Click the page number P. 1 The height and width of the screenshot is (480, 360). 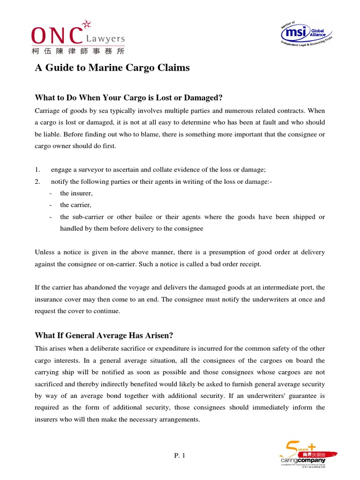180,456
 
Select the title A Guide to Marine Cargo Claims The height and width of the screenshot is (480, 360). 112,68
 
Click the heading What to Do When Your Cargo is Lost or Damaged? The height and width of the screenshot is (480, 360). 128,97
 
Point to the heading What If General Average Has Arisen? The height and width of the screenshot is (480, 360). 104,336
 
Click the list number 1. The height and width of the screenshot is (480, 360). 37,169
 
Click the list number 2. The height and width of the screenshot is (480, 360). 37,181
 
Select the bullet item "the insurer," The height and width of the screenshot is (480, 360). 76,193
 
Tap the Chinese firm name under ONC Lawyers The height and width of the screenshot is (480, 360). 78,50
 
